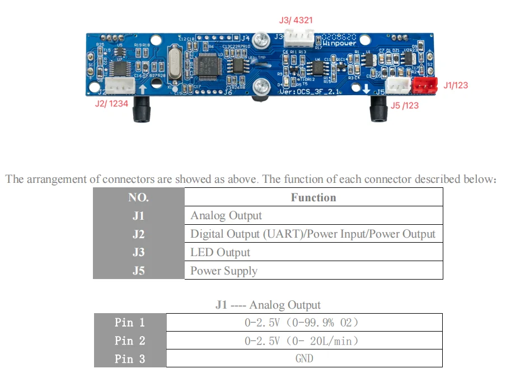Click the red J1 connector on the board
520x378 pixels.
(x=424, y=85)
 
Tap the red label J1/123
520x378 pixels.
(x=455, y=86)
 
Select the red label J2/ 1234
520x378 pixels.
(x=111, y=103)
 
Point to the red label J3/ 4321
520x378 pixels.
(x=296, y=20)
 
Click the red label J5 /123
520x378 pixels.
(x=404, y=105)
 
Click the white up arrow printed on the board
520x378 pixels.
(x=143, y=88)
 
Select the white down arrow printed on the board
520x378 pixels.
(x=367, y=88)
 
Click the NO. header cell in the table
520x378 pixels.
(x=138, y=197)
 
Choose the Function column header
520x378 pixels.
(x=313, y=197)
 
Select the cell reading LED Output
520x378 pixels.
(x=220, y=252)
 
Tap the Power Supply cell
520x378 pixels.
(x=224, y=271)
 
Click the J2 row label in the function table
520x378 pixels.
(x=138, y=234)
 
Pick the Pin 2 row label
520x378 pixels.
(x=130, y=341)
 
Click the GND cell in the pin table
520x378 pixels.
(x=304, y=358)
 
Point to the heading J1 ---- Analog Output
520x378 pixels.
(x=268, y=305)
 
